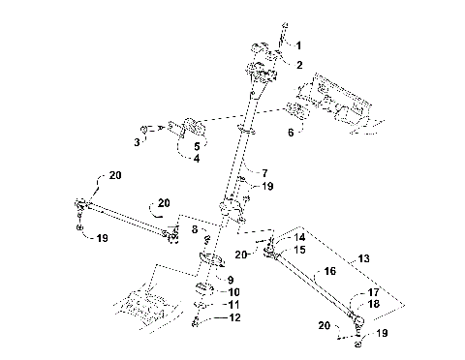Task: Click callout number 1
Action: (298, 45)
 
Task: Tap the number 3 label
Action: (138, 141)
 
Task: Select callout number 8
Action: (194, 230)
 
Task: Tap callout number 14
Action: (300, 237)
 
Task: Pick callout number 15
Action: (300, 250)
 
